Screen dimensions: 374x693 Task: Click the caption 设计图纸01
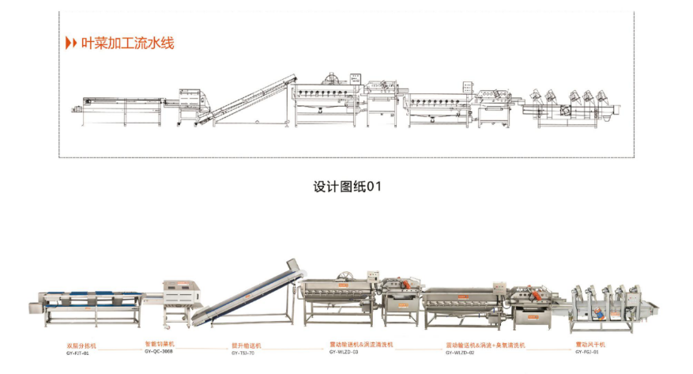coord(347,187)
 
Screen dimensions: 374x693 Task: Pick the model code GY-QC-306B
coord(159,352)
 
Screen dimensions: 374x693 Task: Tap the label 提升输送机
coord(246,346)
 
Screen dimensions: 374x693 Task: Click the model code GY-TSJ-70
coord(244,353)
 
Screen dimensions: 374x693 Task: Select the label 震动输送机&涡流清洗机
coord(360,346)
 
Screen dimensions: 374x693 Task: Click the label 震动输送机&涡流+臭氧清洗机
coord(485,346)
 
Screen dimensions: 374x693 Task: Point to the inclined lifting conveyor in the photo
coord(248,296)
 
